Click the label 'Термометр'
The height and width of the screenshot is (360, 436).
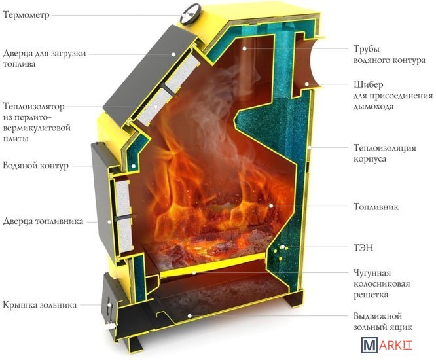[26, 16]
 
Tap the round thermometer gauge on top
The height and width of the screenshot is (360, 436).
[191, 10]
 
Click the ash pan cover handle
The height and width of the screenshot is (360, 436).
[105, 304]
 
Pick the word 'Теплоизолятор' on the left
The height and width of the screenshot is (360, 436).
[36, 106]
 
